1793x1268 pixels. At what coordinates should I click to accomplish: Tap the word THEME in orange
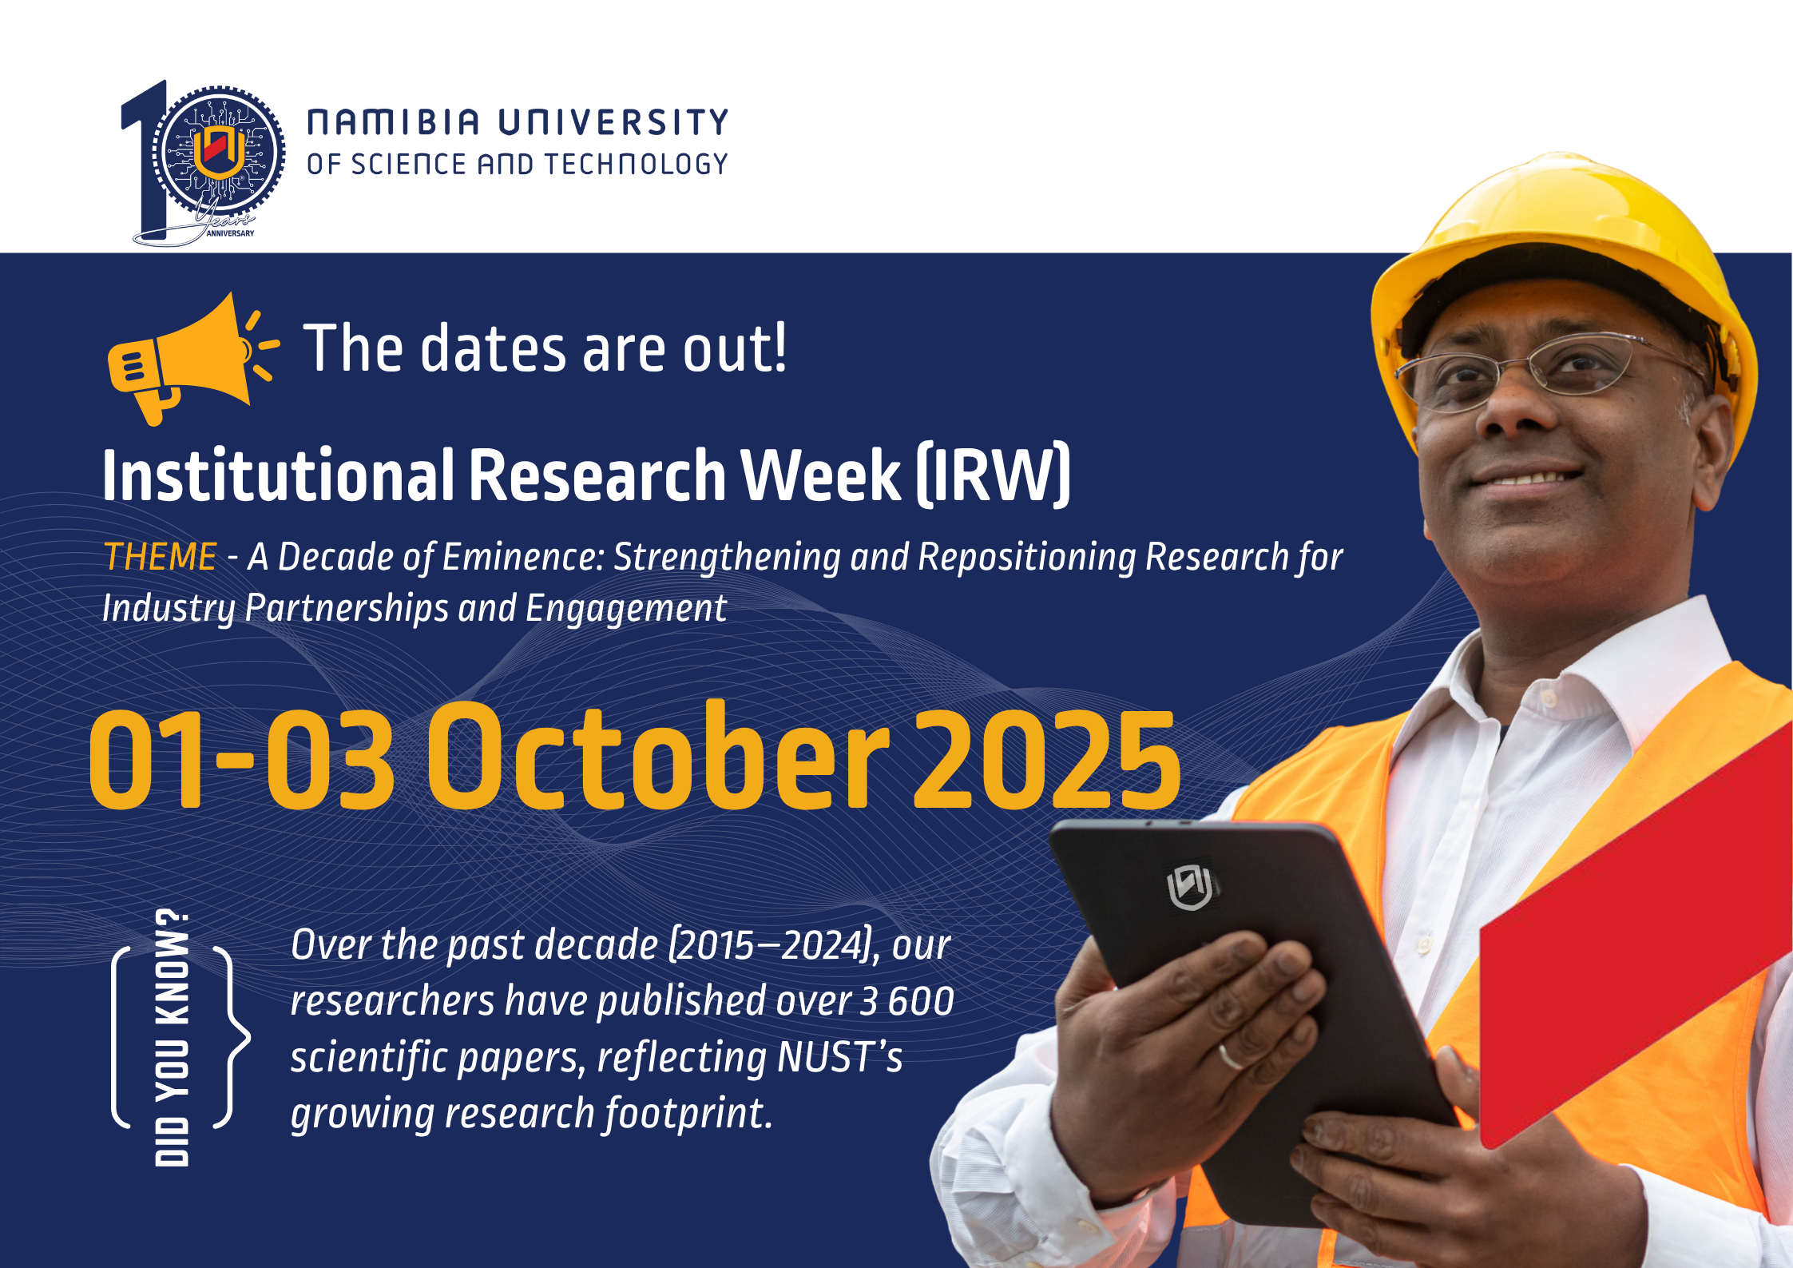(x=160, y=557)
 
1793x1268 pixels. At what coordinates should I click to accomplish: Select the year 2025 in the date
(x=1046, y=758)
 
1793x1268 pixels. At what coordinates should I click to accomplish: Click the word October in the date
(x=659, y=755)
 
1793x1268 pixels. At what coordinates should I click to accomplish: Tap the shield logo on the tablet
(x=1190, y=886)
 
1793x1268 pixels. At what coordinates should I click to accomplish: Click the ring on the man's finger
(x=1231, y=1056)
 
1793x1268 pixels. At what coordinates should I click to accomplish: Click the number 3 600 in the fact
(x=906, y=1001)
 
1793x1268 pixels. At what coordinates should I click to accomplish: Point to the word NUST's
(x=839, y=1057)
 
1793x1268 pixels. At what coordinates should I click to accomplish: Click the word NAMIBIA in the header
(x=393, y=122)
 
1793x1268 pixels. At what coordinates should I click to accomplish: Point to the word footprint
(x=688, y=1113)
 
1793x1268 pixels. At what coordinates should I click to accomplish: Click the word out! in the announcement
(x=735, y=348)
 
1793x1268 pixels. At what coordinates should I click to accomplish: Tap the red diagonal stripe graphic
(x=1636, y=935)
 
